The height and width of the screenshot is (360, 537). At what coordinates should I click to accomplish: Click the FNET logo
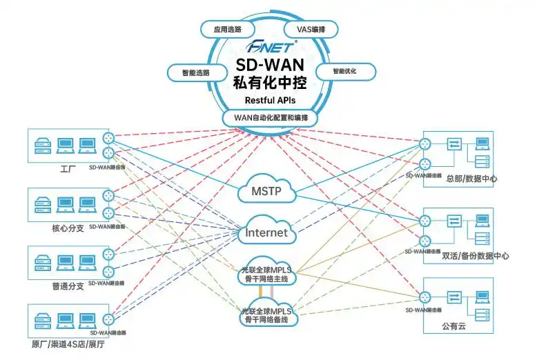(x=271, y=48)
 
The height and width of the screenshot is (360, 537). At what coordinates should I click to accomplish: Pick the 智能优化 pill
(x=345, y=71)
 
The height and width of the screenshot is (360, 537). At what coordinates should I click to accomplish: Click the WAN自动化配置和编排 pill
(x=271, y=117)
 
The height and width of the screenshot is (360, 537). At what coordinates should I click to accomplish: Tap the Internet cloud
(x=266, y=233)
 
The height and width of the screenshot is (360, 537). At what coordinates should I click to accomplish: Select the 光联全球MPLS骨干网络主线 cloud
(x=268, y=274)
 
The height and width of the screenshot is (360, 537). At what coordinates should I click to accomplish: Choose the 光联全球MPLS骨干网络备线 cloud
(x=268, y=315)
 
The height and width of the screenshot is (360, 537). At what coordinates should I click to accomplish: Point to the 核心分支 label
(x=68, y=228)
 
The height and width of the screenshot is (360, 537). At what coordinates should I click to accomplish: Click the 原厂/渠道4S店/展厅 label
(x=68, y=344)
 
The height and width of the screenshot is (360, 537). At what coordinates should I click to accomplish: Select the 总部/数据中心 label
(x=472, y=179)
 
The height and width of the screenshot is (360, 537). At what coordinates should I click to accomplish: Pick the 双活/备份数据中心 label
(x=476, y=256)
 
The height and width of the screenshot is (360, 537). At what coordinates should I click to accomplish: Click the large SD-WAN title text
(x=271, y=67)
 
